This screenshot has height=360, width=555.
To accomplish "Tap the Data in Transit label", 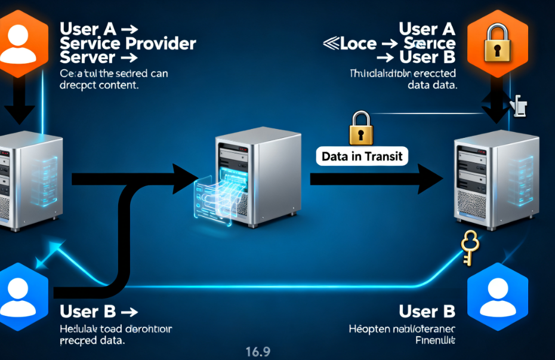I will click(x=362, y=157).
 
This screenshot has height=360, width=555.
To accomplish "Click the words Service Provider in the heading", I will click(x=128, y=44).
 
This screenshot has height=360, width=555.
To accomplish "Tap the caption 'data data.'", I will click(x=432, y=85).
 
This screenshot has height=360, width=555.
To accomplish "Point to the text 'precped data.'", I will click(x=92, y=341).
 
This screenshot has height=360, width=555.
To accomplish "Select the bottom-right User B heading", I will click(x=427, y=311).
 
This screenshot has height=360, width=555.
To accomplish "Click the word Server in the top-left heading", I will click(x=88, y=57).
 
